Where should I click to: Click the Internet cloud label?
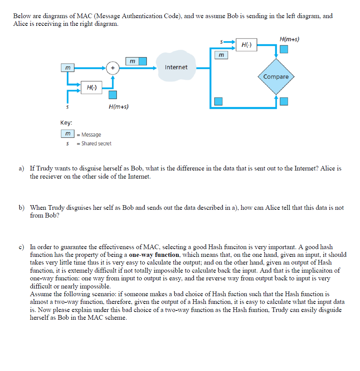[176, 67]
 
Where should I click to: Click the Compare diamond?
[276, 77]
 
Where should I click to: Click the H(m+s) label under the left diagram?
[118, 106]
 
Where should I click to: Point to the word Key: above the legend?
[66, 123]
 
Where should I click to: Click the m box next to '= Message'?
[68, 134]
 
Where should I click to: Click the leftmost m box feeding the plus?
[68, 67]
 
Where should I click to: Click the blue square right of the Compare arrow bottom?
[284, 101]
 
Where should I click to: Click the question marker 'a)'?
[22, 169]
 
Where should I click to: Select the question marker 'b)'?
[22, 207]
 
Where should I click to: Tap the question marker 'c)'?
[22, 247]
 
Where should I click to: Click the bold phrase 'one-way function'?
[154, 255]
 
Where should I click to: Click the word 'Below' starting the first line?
[22, 16]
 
